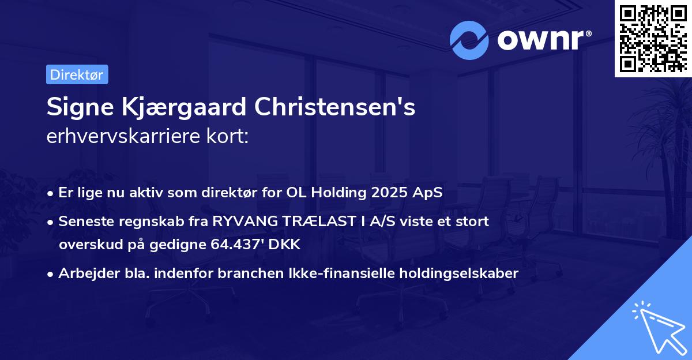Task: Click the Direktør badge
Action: [77, 74]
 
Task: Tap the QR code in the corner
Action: [652, 37]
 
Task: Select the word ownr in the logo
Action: [542, 40]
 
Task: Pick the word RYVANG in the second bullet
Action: [242, 221]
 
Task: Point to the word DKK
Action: [281, 244]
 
